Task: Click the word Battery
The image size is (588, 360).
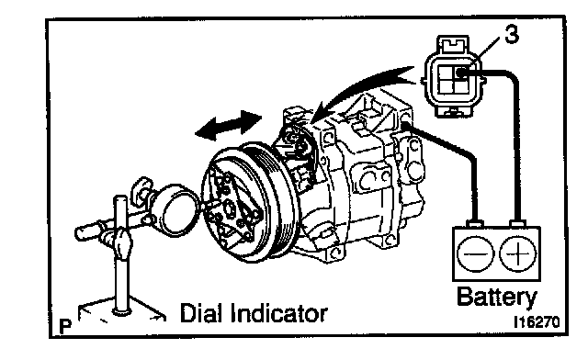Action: (x=497, y=298)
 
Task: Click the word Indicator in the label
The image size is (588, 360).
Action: (x=279, y=313)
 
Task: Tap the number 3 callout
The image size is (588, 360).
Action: (x=512, y=35)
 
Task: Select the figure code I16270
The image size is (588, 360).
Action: (x=537, y=322)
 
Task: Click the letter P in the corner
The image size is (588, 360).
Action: (x=65, y=327)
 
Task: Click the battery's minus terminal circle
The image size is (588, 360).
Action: (x=476, y=253)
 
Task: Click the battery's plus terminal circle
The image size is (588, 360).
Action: (x=518, y=253)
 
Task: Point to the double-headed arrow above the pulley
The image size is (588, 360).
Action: (x=229, y=125)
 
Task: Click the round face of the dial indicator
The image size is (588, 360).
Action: (x=178, y=210)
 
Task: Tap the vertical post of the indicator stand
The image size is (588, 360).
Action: (x=120, y=255)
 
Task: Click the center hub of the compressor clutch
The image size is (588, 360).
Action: (x=229, y=208)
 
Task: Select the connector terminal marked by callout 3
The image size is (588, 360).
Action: (x=462, y=73)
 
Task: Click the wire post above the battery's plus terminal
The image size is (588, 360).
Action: (x=517, y=224)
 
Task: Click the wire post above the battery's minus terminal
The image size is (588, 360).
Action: (x=475, y=224)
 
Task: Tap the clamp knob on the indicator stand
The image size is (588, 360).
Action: (x=122, y=243)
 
